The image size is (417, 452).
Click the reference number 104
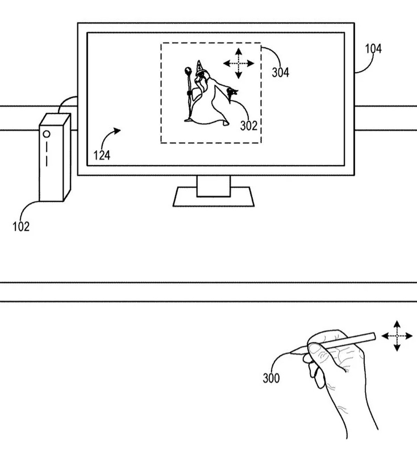click(x=373, y=49)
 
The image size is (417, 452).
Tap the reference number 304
click(x=280, y=73)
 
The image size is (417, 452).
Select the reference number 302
click(x=249, y=126)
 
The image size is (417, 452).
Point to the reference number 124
click(x=102, y=155)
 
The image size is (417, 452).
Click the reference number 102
click(x=21, y=226)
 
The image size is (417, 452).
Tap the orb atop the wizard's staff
click(x=188, y=71)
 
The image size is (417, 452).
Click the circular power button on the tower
click(x=47, y=134)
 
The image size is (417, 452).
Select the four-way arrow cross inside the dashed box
click(x=238, y=64)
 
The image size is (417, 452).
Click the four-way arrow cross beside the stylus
click(x=397, y=336)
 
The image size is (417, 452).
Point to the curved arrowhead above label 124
click(x=117, y=130)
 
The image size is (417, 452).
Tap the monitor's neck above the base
click(x=214, y=186)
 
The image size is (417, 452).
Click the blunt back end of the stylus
click(x=374, y=336)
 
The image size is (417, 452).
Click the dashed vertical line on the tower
click(x=47, y=154)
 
